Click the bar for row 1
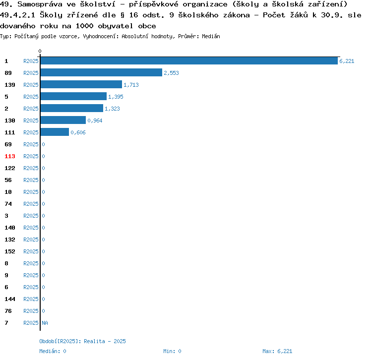pos(188,61)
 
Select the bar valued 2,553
pos(101,73)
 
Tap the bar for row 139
pos(81,85)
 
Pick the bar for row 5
pos(73,97)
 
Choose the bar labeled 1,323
pos(71,109)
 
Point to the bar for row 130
pos(63,120)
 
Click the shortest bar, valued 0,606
pos(55,132)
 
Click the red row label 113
pos(10,156)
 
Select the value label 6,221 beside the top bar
pos(347,61)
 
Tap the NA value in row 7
pos(45,323)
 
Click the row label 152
pos(10,251)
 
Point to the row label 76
pos(8,311)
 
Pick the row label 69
pos(8,144)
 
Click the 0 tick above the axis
pos(40,51)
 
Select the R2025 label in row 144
pos(31,299)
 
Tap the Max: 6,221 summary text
pos(277,351)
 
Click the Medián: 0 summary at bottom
pos(53,351)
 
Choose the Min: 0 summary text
pos(172,351)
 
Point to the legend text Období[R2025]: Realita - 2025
pos(83,341)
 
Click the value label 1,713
pos(131,85)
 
